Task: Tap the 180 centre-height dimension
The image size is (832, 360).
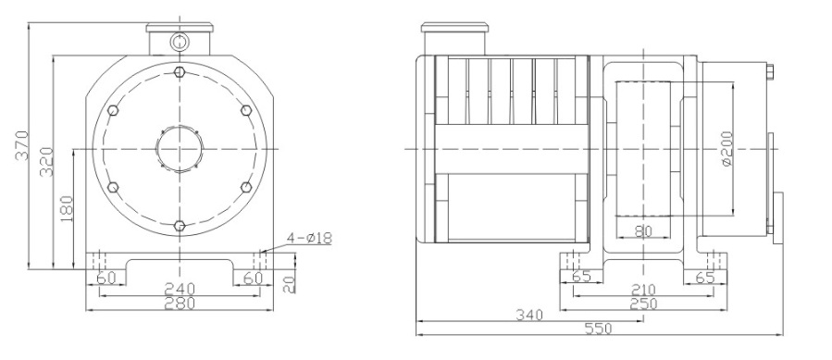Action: pos(67,209)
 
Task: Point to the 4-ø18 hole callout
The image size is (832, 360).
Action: pos(310,239)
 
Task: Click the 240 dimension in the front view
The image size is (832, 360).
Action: pos(180,289)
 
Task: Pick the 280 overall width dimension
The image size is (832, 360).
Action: pos(180,304)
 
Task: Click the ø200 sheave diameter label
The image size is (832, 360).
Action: pos(726,149)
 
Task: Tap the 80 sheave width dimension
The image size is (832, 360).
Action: pos(642,231)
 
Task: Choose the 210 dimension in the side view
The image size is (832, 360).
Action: pos(643,290)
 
